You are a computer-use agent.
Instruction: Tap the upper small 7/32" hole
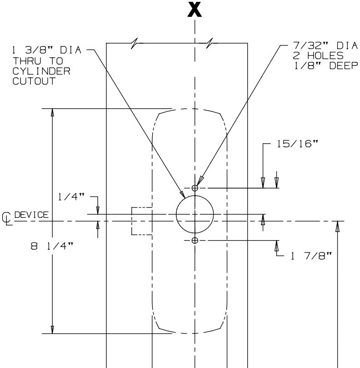click(195, 188)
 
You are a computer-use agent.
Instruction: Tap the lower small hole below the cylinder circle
click(195, 241)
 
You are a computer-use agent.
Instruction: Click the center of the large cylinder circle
click(195, 214)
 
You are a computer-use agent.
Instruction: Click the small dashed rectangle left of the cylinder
click(141, 221)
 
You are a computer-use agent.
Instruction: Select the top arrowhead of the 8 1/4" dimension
click(53, 112)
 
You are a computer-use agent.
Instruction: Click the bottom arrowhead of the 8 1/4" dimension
click(53, 330)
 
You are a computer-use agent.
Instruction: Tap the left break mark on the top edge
click(133, 43)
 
